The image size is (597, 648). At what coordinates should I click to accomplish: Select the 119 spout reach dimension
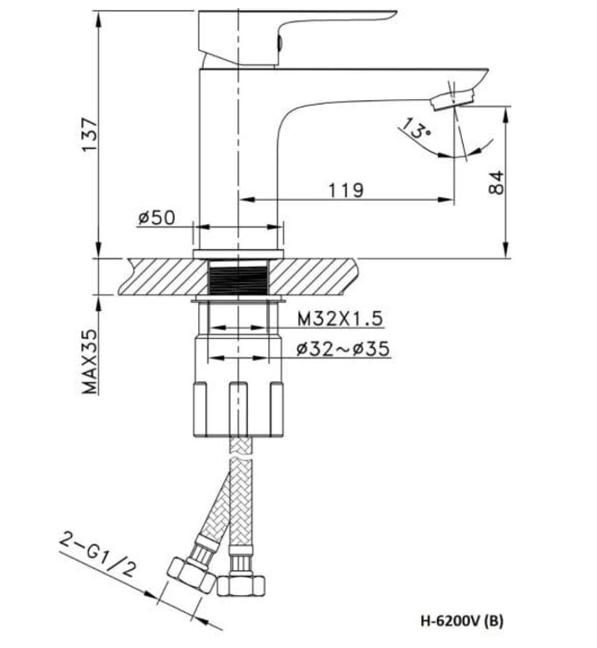tap(344, 190)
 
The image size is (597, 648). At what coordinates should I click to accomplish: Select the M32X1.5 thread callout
tap(340, 318)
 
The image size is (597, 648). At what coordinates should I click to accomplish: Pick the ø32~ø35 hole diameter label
tap(342, 349)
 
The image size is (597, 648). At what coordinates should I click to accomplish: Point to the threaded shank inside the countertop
tap(238, 277)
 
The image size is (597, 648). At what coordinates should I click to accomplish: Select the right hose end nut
tap(239, 583)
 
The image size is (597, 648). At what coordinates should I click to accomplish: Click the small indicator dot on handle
tap(276, 42)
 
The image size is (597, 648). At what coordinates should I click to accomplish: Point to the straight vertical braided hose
tap(239, 500)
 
